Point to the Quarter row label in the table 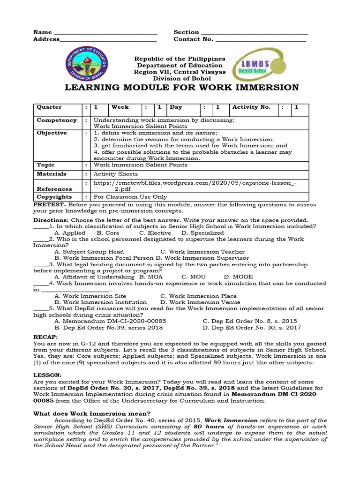click(x=49, y=107)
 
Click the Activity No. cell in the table click(x=251, y=107)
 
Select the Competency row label click(x=56, y=120)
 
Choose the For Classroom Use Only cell click(x=130, y=197)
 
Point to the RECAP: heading click(x=45, y=337)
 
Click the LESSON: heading click(x=47, y=375)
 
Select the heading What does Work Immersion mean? click(x=92, y=413)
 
